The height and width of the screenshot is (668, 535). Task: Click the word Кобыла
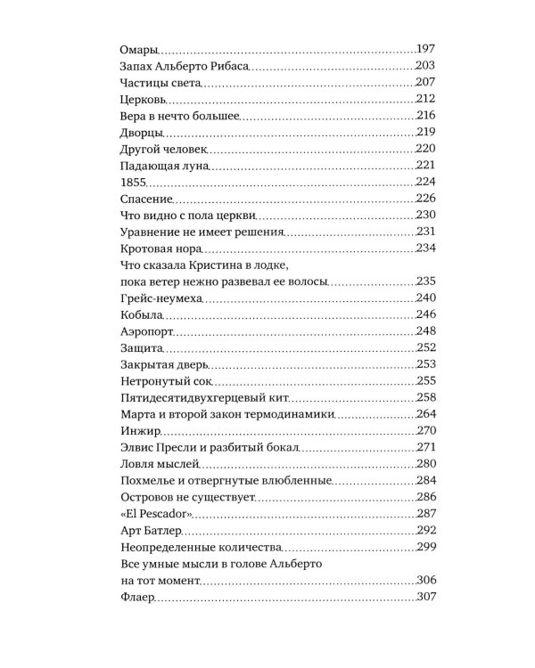coord(140,314)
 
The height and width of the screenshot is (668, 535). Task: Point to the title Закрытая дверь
coord(163,364)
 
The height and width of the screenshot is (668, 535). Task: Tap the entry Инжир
coord(139,430)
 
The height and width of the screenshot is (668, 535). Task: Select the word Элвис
coord(137,447)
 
